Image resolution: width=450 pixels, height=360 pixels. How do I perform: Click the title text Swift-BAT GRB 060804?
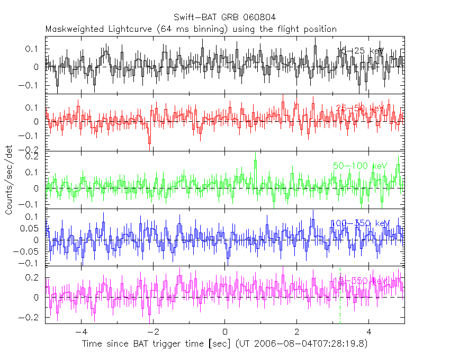224,19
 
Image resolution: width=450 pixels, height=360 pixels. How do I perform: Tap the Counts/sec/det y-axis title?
9,181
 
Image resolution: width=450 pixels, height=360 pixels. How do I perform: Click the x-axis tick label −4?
81,332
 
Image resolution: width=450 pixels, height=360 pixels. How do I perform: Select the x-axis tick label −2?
153,332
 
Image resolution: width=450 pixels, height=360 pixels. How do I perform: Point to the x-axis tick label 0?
225,332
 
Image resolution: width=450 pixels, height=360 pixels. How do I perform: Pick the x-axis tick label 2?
297,332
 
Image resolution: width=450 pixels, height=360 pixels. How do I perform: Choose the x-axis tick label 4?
369,332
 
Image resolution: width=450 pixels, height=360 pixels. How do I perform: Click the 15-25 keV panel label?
359,51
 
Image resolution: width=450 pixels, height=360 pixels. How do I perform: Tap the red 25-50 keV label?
359,109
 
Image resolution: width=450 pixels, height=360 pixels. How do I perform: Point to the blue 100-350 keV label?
360,223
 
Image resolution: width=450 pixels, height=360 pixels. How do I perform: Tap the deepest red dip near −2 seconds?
150,141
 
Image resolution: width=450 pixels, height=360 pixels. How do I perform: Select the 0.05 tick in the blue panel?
33,229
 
